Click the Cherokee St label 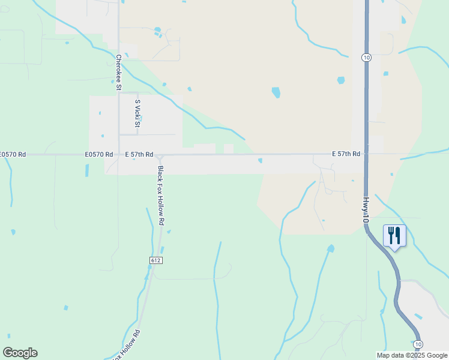[119, 73]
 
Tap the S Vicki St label [137, 113]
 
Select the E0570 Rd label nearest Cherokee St [99, 154]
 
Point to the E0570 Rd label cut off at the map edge [13, 154]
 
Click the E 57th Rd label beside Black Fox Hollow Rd [139, 154]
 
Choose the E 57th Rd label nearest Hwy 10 [346, 154]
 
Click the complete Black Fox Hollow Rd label [161, 196]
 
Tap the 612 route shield [156, 260]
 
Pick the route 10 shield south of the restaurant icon [418, 344]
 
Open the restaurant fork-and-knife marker [394, 235]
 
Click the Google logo [20, 353]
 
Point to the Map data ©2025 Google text [411, 355]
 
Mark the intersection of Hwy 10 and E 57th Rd [366, 154]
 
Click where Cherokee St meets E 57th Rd [119, 154]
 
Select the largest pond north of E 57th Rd [276, 92]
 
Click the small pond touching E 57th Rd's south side [260, 160]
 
